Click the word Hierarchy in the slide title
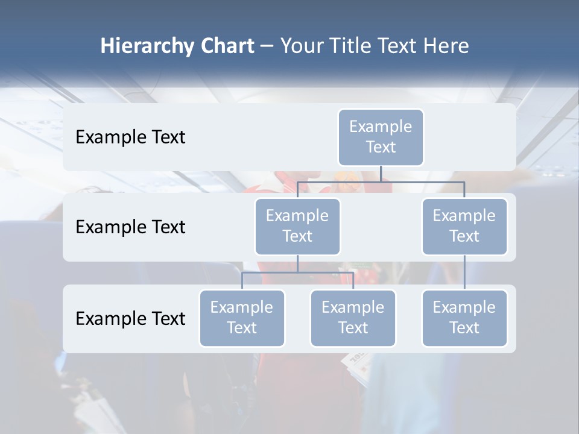(147, 46)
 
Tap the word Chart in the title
(227, 46)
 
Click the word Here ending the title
(446, 46)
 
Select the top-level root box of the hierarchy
(381, 137)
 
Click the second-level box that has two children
(297, 226)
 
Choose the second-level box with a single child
(464, 226)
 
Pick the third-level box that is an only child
(464, 318)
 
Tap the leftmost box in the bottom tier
(242, 318)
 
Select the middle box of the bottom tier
(353, 318)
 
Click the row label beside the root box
(130, 137)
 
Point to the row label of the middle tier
(130, 227)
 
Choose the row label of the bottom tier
(130, 318)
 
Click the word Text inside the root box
(381, 147)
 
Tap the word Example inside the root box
(381, 127)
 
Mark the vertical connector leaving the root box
(381, 174)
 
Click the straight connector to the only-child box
(464, 272)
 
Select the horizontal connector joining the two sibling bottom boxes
(297, 272)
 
